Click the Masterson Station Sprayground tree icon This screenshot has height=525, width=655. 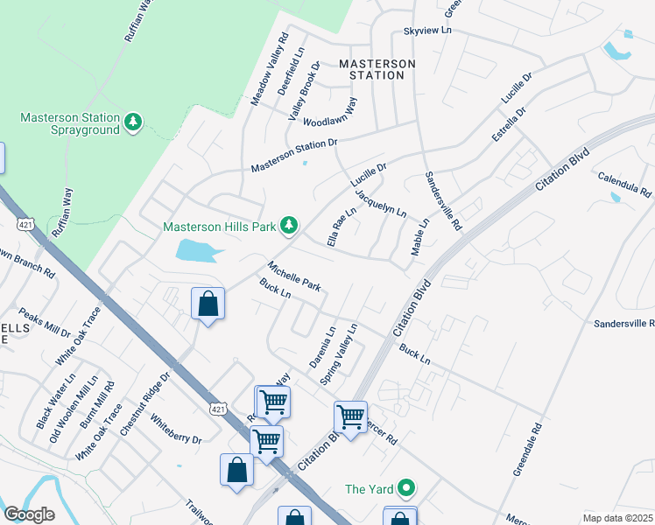click(133, 122)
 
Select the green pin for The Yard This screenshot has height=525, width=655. click(405, 488)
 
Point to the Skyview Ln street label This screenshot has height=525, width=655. click(426, 31)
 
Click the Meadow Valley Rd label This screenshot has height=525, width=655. click(270, 70)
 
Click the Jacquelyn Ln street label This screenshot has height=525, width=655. click(381, 201)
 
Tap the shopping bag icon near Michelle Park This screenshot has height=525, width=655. click(208, 304)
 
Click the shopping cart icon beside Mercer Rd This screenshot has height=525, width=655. click(350, 417)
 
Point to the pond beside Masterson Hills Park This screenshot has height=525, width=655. click(198, 251)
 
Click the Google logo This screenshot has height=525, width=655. click(29, 514)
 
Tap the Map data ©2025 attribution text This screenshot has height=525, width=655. click(617, 517)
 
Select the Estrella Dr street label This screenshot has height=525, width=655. click(508, 126)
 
